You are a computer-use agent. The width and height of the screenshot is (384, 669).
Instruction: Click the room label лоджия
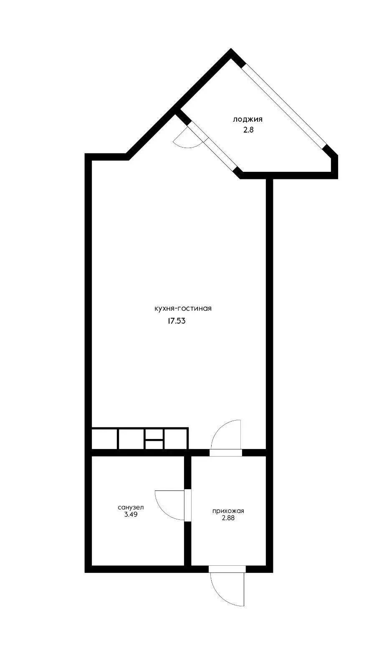tap(248, 120)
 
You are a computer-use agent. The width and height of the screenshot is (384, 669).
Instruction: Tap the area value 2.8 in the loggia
tap(248, 130)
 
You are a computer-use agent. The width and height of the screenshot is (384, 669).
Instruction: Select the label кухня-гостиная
tap(183, 309)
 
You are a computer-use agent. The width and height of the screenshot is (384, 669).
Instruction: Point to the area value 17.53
tap(177, 321)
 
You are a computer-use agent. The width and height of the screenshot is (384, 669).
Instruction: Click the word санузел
tap(131, 508)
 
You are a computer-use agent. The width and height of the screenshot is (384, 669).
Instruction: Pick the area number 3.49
tap(131, 514)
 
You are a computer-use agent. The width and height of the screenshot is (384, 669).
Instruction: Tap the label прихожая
tap(228, 511)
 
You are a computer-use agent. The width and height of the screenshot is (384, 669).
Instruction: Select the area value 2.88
tap(228, 518)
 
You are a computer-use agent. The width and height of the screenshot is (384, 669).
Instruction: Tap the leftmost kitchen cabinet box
tap(105, 439)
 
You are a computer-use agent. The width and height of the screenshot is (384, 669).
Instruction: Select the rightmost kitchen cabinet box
tap(176, 439)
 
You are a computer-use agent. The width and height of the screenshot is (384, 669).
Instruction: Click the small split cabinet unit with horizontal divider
tap(154, 439)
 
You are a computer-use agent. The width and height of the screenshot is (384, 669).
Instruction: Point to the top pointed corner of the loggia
tap(231, 49)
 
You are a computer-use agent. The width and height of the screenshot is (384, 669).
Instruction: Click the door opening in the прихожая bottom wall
tap(227, 569)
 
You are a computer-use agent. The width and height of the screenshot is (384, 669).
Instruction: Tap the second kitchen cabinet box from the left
tap(132, 439)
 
